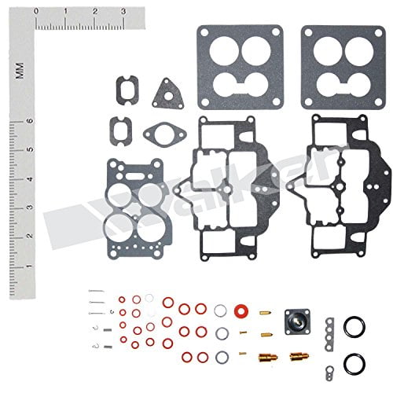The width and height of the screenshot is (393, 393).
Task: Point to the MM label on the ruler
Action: [17, 72]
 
